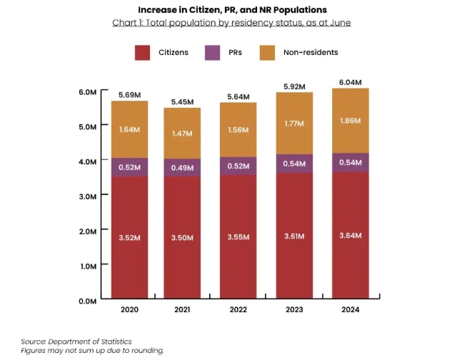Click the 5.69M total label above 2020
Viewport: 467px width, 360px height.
pyautogui.click(x=129, y=94)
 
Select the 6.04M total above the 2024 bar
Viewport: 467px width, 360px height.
pyautogui.click(x=350, y=82)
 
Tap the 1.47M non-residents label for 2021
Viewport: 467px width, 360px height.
pyautogui.click(x=184, y=134)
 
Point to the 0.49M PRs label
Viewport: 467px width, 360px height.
pyautogui.click(x=184, y=168)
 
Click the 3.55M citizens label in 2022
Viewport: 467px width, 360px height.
pyautogui.click(x=239, y=236)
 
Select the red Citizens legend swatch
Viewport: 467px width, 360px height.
pyautogui.click(x=143, y=52)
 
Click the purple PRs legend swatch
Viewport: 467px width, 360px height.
pyautogui.click(x=213, y=52)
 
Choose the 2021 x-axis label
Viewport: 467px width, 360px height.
pyautogui.click(x=184, y=310)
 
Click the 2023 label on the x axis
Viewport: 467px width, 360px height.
pyautogui.click(x=294, y=310)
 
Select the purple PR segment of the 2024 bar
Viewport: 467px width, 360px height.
pyautogui.click(x=350, y=162)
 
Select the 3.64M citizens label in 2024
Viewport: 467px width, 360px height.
pyautogui.click(x=350, y=236)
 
